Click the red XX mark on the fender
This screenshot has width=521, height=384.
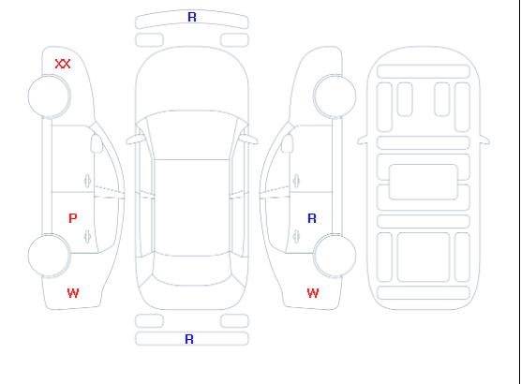(x=63, y=64)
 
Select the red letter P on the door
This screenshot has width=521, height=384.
(x=73, y=218)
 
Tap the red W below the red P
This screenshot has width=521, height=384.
(x=73, y=293)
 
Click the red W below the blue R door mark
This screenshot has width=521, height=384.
(x=313, y=293)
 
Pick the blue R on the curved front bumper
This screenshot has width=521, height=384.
(x=192, y=17)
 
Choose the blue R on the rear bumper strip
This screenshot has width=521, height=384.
(x=189, y=339)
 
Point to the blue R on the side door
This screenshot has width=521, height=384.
(x=312, y=218)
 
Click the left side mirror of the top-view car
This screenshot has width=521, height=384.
(x=135, y=140)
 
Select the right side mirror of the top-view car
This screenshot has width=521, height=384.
(x=249, y=140)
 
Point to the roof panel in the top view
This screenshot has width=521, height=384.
(x=192, y=208)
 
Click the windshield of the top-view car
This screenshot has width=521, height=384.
(x=192, y=135)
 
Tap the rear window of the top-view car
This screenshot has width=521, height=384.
(x=192, y=270)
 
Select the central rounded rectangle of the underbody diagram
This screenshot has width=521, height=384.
(x=424, y=182)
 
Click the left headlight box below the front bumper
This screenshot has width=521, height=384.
(x=150, y=40)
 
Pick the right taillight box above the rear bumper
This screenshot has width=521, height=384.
(x=234, y=321)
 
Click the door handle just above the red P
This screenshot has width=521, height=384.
(x=87, y=181)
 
